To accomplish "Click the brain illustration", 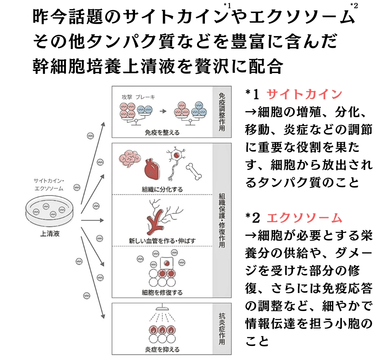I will click(129, 159).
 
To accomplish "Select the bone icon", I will click(194, 171).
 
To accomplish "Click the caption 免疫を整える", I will click(162, 132).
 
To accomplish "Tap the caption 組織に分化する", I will click(162, 189).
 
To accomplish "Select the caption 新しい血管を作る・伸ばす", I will click(162, 240).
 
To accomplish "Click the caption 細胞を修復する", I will click(162, 292).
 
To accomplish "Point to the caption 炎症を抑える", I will click(162, 349).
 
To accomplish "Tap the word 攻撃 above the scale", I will click(128, 98).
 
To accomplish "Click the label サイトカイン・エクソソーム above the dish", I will click(49, 184).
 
